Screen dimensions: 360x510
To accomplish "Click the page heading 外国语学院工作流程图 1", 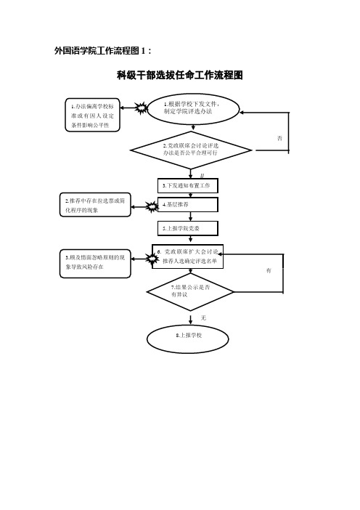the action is point(102,51).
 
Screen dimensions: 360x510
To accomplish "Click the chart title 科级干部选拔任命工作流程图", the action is point(180,76).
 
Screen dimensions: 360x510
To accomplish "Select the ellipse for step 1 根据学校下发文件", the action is point(193,109).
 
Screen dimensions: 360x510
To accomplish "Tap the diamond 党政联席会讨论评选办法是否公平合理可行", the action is point(191,150).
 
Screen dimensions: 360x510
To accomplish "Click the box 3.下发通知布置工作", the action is point(188,186).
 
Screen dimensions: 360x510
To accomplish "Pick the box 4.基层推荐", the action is point(188,205).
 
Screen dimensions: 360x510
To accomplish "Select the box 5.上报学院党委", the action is point(188,228).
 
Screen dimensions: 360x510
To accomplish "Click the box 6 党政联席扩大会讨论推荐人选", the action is point(188,256).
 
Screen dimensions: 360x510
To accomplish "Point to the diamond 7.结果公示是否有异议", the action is point(190,292).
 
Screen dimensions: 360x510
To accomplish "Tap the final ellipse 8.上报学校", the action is point(188,339).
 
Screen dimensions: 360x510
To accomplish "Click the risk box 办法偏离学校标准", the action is point(93,116).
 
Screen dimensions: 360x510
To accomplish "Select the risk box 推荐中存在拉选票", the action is point(95,205).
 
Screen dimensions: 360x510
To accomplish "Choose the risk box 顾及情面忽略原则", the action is point(95,263).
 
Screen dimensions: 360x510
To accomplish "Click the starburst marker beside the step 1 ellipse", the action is point(142,108).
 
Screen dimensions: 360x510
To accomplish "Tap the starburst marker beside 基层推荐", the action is point(152,206).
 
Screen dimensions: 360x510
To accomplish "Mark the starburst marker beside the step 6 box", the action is point(152,259).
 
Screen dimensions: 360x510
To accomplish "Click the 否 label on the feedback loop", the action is point(279,138).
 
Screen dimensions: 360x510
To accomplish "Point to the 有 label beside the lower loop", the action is point(269,270).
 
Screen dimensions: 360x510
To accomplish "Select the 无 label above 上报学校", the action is point(203,317).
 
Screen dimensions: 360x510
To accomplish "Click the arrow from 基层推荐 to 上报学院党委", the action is point(190,216).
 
